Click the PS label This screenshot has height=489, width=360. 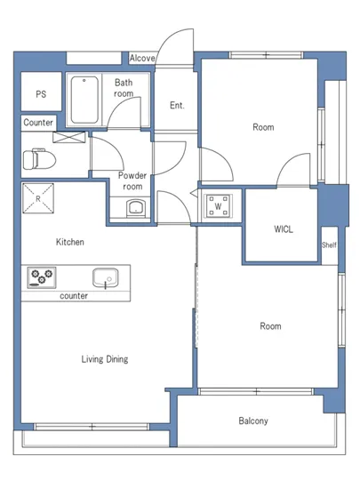41,94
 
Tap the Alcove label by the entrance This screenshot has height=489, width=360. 142,58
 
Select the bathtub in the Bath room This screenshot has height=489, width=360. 84,100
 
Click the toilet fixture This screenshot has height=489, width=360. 39,159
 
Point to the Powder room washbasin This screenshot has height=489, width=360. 136,208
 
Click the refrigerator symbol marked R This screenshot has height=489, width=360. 38,198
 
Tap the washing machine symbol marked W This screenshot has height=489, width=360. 218,206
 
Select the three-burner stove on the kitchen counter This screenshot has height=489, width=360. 42,277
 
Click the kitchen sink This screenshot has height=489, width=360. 106,278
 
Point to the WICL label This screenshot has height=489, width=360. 284,229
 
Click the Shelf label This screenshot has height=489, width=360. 329,244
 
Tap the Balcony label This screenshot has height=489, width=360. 253,421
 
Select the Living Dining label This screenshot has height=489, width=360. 105,359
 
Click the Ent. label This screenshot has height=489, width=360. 177,106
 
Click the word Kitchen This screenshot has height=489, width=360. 70,242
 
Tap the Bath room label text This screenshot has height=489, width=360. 124,88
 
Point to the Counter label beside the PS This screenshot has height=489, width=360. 38,123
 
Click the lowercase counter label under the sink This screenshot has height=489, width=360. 74,296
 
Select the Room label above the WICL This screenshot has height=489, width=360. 263,127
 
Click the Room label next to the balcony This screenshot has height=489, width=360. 270,326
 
